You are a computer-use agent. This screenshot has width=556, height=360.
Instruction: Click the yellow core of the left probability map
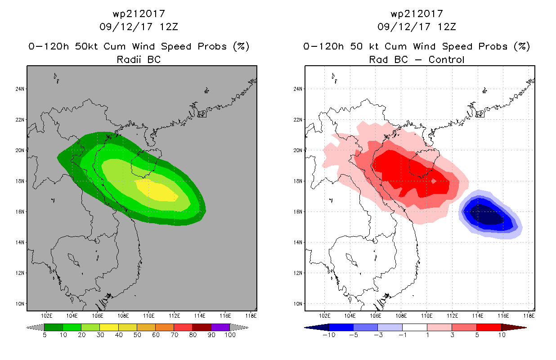click(157, 190)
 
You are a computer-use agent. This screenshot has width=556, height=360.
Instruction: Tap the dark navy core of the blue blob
click(487, 215)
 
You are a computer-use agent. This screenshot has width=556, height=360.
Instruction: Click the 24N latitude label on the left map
click(20, 89)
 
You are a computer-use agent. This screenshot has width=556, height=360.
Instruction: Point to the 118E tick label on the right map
click(529, 316)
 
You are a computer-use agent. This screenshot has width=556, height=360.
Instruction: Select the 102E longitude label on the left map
click(46, 316)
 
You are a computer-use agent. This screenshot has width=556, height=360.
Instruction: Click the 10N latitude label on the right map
click(298, 304)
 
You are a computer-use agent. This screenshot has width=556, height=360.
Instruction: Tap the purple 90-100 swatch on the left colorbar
click(220, 327)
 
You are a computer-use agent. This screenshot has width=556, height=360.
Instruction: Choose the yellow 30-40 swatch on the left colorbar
click(109, 327)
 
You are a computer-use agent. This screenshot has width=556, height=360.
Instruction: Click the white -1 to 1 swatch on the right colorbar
click(415, 327)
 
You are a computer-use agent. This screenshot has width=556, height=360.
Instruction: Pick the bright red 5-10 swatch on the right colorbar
click(489, 327)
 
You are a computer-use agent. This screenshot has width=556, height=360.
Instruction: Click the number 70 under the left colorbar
click(174, 335)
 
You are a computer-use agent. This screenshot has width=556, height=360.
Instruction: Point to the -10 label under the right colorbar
click(329, 335)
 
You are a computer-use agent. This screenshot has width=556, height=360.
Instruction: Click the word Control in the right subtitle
click(446, 59)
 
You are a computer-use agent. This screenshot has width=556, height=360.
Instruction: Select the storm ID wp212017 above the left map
click(139, 14)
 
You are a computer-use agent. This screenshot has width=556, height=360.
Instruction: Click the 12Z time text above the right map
click(447, 27)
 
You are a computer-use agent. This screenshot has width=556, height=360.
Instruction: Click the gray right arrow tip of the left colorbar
click(248, 328)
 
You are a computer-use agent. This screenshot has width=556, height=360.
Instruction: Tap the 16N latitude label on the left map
click(20, 212)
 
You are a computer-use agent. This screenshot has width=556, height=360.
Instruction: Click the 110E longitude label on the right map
click(427, 316)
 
